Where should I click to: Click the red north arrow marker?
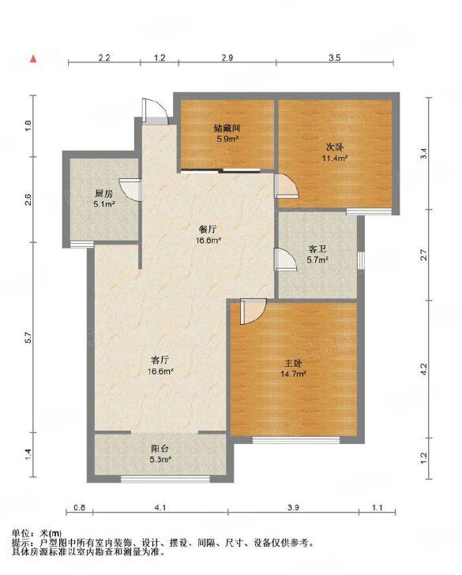coord(33,58)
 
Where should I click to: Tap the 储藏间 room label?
coord(227,129)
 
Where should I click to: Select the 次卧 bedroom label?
coord(335,147)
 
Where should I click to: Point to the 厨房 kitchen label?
coord(103,194)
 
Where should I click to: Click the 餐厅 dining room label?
coord(207,230)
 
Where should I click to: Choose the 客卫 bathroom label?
coord(317,250)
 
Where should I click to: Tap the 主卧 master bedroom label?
coord(294,364)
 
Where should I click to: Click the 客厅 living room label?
coord(160,360)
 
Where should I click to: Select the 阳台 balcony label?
coord(160,449)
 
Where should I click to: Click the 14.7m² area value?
coord(294,374)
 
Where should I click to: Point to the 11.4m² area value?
coord(335,158)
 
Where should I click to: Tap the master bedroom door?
coord(253,312)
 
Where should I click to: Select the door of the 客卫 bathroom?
coord(286,259)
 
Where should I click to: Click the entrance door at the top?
coord(155,110)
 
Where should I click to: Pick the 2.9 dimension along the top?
coord(227,58)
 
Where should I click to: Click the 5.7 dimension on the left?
coord(29,338)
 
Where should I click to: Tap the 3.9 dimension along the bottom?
coord(293,507)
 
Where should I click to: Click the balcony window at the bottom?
coord(165,479)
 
